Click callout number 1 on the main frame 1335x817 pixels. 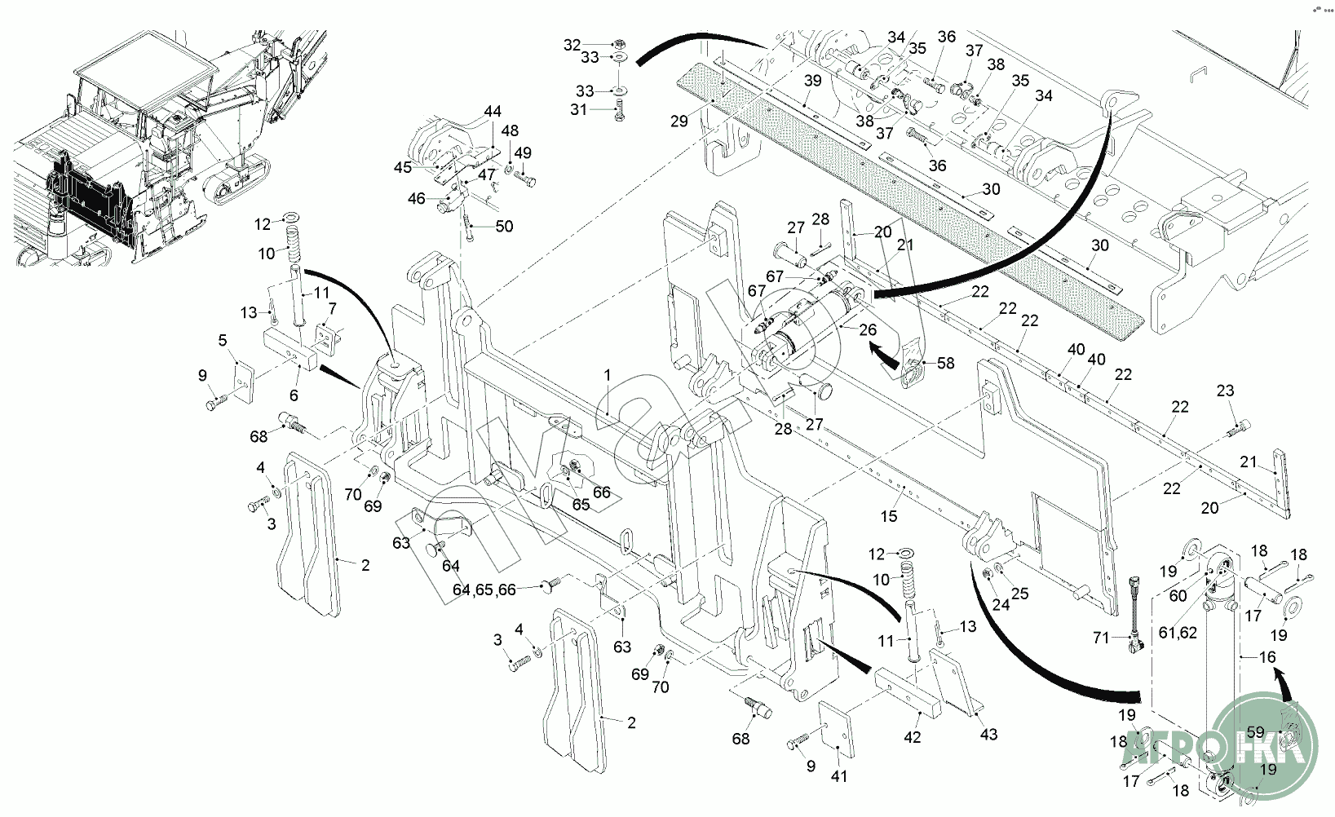point(608,374)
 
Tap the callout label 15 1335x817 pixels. point(889,515)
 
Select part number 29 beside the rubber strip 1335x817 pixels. point(679,121)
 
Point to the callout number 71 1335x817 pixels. point(1102,638)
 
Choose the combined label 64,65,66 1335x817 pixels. point(484,590)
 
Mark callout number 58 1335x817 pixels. point(945,364)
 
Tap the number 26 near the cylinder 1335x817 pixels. point(868,329)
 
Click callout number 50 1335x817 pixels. point(505,226)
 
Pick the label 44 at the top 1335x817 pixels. point(493,111)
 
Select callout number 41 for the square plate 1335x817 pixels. point(839,776)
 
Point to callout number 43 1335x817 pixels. point(988,735)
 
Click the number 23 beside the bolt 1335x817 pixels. point(1226,391)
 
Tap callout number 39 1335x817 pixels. point(812,81)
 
